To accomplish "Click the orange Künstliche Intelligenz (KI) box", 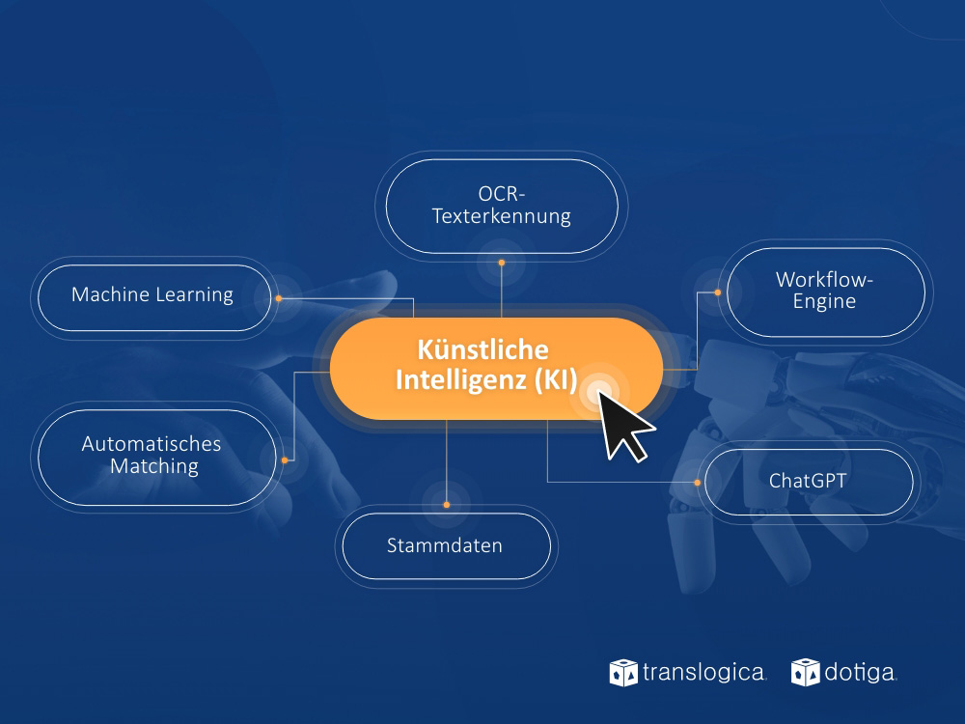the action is [x=496, y=368].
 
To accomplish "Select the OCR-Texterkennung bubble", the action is [x=502, y=206].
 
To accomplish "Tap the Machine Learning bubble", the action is [x=154, y=297].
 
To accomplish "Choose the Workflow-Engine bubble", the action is [x=825, y=292].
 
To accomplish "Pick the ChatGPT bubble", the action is [x=809, y=482].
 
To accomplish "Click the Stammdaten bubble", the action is [x=446, y=545].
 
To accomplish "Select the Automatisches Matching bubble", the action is [x=157, y=457].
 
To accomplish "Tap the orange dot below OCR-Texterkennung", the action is [x=502, y=263].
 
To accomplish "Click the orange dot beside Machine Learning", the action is [x=279, y=298].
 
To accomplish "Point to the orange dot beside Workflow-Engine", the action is [x=718, y=292].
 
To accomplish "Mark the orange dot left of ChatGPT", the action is [x=698, y=483].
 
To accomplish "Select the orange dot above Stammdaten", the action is [x=447, y=505].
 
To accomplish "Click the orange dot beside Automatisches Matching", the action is [x=285, y=459].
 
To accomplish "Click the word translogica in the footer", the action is [x=704, y=672].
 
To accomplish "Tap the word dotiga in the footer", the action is [x=861, y=673].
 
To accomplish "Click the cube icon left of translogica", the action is [x=623, y=672].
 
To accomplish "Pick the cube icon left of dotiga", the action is [x=805, y=672].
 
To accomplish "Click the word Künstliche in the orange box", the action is [x=483, y=349].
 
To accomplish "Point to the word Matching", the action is [x=154, y=466].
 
